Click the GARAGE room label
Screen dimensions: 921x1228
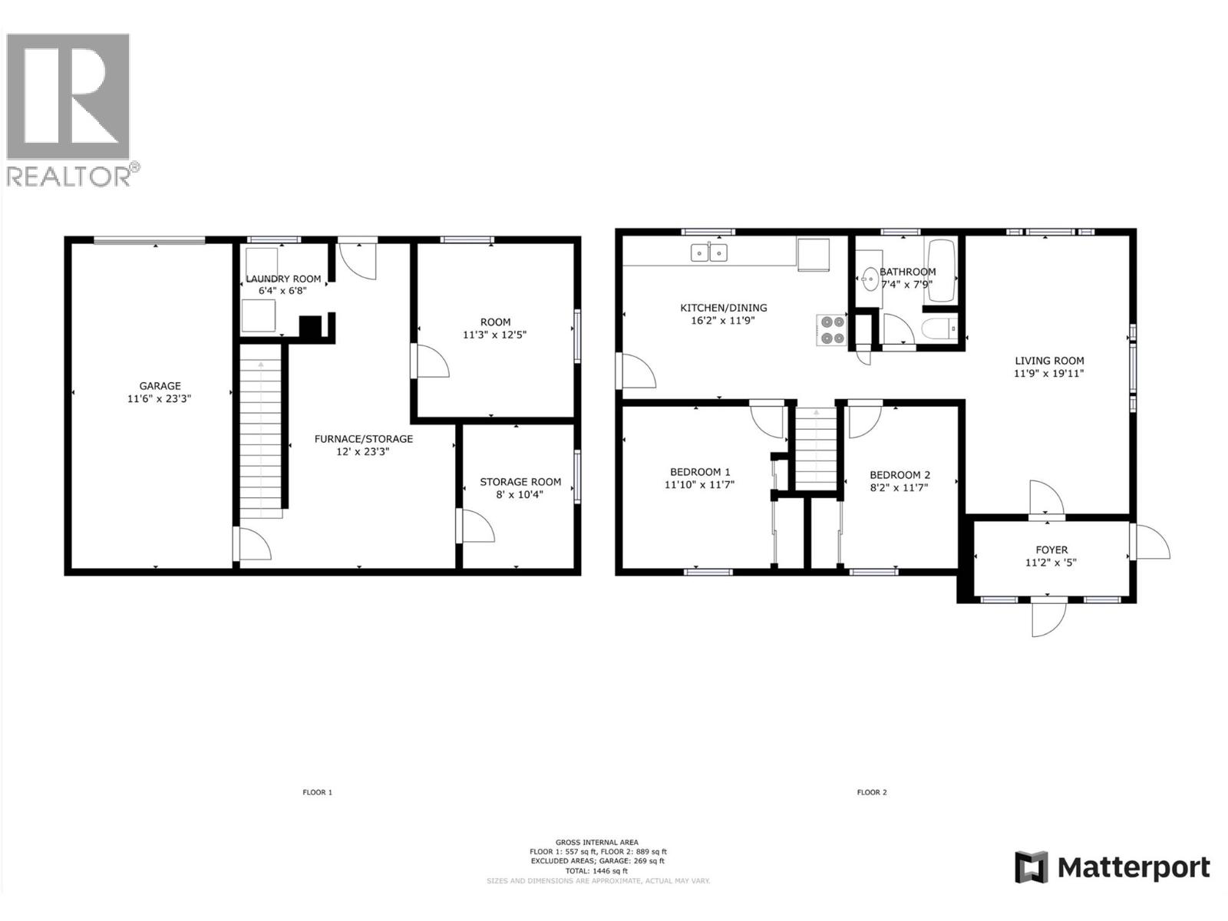[x=160, y=386]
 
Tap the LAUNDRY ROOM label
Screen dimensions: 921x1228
[x=283, y=279]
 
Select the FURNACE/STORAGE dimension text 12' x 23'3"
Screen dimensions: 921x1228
[x=363, y=452]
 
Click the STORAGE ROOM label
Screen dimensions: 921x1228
[x=520, y=482]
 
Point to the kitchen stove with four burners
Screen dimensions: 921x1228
[x=831, y=330]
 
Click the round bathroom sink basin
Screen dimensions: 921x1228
[x=870, y=279]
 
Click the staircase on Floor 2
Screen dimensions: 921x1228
[x=816, y=448]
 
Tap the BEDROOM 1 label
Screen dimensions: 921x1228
[x=700, y=472]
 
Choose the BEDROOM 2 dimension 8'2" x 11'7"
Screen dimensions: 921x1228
[x=900, y=487]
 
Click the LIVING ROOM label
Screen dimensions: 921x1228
[x=1049, y=361]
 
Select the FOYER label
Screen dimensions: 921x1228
[x=1051, y=550]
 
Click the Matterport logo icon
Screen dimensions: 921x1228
[x=1031, y=867]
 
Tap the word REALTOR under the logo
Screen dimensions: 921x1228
[x=69, y=177]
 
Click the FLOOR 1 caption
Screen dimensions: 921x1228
[x=317, y=792]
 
